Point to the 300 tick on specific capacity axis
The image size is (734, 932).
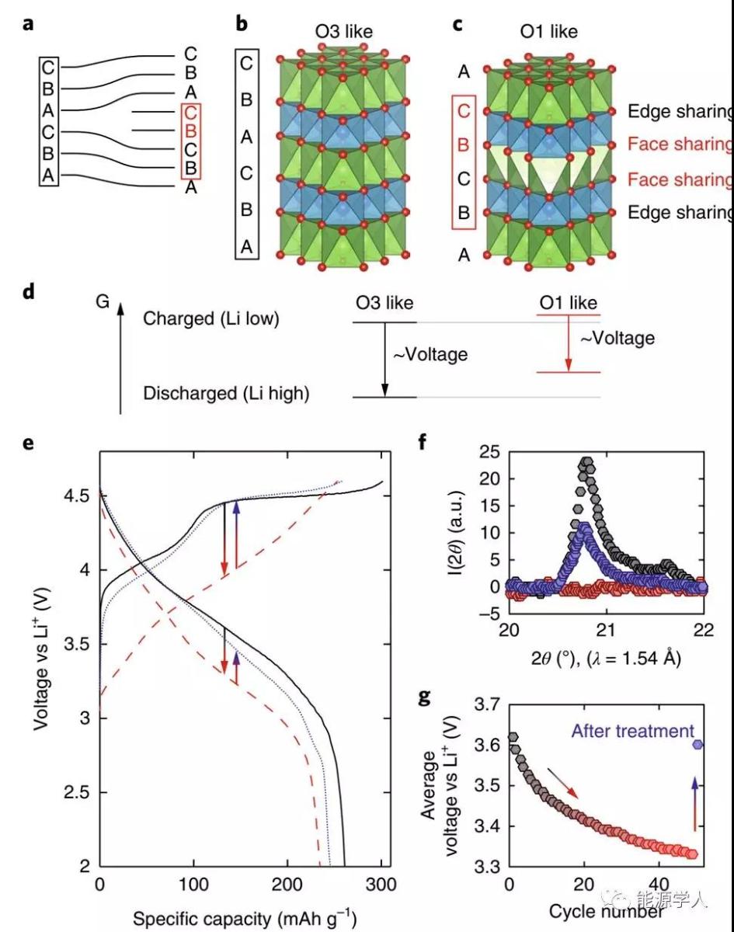click(381, 885)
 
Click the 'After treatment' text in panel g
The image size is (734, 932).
click(631, 730)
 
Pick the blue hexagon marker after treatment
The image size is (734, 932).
click(698, 744)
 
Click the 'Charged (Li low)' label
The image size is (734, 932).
click(210, 318)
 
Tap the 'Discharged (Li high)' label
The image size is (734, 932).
click(226, 394)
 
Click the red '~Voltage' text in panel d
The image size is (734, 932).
click(618, 338)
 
